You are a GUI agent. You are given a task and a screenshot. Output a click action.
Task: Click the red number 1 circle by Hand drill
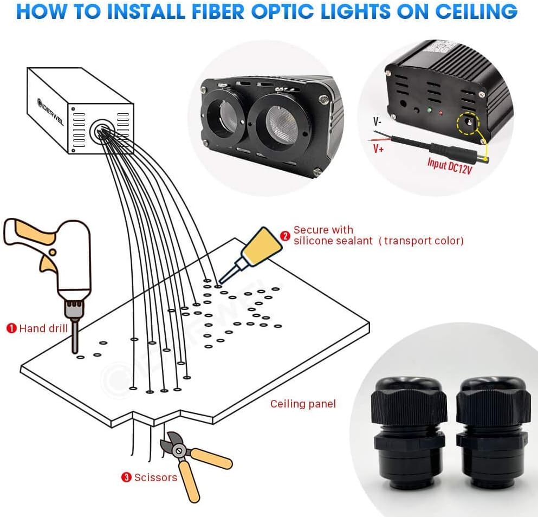click(11, 328)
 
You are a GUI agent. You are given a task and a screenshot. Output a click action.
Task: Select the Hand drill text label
click(43, 328)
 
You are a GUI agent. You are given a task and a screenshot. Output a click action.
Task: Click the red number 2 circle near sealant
click(285, 235)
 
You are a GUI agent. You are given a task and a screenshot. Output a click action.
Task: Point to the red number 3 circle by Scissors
click(126, 477)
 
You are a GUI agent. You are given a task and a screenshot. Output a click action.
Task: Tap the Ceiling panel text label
click(303, 404)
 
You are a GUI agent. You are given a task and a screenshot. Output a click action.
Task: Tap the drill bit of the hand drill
click(74, 339)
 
